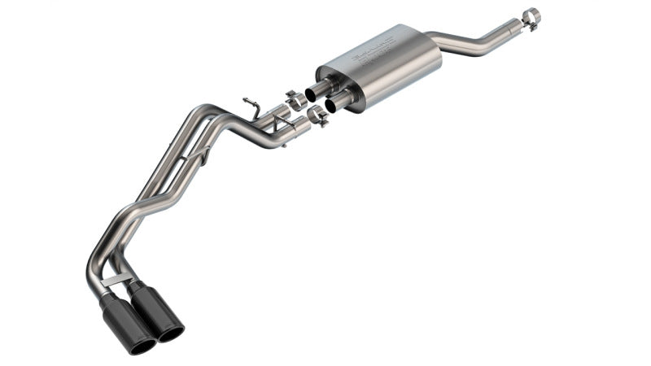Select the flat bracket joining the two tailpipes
tap(116, 280)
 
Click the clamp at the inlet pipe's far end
tap(530, 16)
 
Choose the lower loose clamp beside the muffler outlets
tap(317, 117)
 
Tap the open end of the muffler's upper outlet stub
tap(311, 94)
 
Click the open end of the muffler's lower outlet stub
tap(331, 106)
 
